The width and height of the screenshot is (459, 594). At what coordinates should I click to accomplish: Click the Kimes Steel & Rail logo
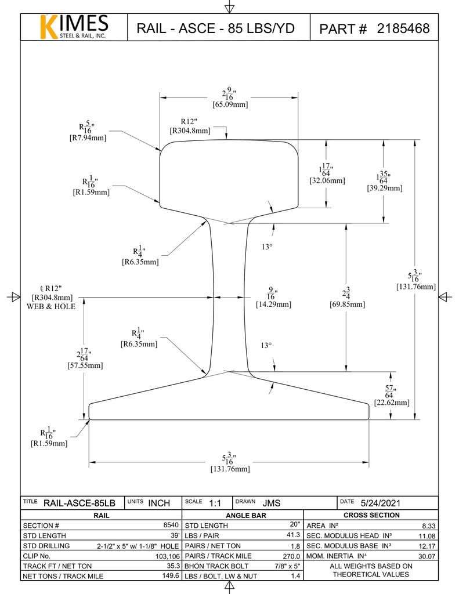click(x=73, y=27)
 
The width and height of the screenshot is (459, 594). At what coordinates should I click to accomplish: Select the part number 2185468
click(x=403, y=28)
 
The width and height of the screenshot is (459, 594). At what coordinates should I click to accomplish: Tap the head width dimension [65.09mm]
click(x=230, y=105)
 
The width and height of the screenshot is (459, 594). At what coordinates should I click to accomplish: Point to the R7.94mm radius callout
click(x=88, y=138)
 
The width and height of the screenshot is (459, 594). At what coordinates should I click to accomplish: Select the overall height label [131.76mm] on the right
click(x=415, y=287)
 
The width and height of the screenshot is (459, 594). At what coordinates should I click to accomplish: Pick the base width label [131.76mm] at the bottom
click(x=230, y=469)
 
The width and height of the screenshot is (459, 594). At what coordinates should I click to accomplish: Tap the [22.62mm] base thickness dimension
click(x=392, y=402)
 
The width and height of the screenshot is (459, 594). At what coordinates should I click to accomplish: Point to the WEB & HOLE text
click(x=52, y=306)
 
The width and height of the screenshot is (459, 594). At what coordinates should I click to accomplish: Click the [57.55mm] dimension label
click(x=86, y=365)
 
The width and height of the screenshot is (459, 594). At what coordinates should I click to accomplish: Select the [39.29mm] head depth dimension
click(x=384, y=188)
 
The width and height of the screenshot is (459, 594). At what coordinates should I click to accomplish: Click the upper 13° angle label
click(x=266, y=247)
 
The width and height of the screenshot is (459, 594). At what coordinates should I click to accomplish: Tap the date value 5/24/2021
click(x=381, y=503)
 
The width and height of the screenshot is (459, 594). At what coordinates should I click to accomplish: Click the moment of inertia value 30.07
click(x=426, y=556)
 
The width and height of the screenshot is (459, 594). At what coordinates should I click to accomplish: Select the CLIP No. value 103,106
click(x=166, y=556)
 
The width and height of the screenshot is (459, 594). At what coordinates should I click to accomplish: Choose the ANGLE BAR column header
click(x=242, y=515)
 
